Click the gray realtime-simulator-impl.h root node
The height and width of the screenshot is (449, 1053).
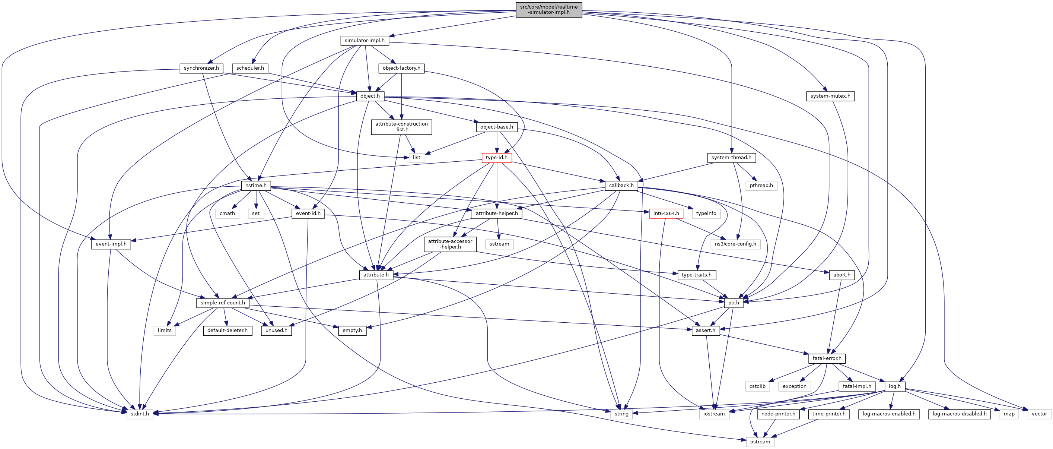coord(548,9)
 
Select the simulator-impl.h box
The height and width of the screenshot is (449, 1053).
coord(364,41)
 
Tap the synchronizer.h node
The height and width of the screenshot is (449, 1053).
coord(201,68)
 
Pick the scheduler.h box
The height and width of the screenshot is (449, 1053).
coord(250,68)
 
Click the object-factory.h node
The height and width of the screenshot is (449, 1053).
coord(401,68)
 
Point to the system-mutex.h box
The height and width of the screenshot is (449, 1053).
coord(830,96)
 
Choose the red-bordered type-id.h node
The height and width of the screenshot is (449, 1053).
coord(496,158)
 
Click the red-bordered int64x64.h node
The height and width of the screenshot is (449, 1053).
coord(666,214)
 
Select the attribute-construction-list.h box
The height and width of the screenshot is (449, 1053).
coord(401,127)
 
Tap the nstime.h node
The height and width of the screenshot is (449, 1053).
coord(256,186)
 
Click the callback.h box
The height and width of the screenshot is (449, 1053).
coord(621,186)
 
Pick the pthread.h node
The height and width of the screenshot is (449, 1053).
coord(761,186)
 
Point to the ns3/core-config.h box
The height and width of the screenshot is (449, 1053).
coord(735,244)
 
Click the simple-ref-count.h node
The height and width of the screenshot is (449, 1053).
coord(222,303)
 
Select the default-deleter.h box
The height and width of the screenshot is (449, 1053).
coord(227,331)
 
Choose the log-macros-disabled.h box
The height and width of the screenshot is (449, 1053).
coord(959,414)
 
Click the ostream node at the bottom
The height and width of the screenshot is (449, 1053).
coord(760,442)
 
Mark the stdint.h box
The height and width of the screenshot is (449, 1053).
coord(140,414)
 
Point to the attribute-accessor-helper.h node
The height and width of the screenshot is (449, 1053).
coord(450,244)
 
